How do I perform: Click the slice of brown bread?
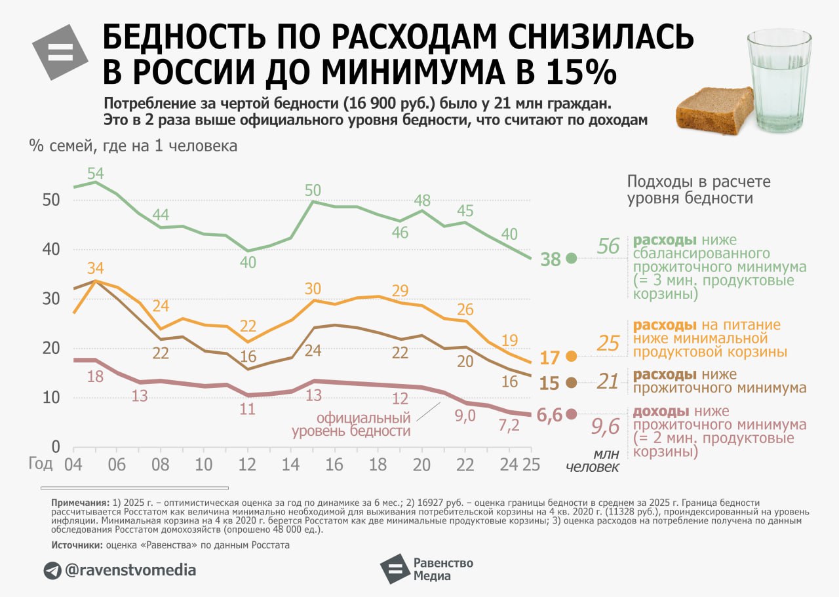pos(715,109)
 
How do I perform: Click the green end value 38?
pos(551,260)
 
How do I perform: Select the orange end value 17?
pos(551,358)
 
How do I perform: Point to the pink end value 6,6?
pos(549,415)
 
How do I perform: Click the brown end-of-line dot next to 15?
pos(571,383)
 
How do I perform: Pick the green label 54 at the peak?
pos(96,174)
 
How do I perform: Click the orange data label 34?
pos(96,269)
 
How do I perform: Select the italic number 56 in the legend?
pos(608,246)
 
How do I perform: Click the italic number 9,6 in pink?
pos(605,427)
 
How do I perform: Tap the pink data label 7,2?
pos(509,425)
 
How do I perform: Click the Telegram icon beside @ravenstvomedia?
pos(52,570)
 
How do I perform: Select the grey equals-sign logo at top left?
pos(60,53)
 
